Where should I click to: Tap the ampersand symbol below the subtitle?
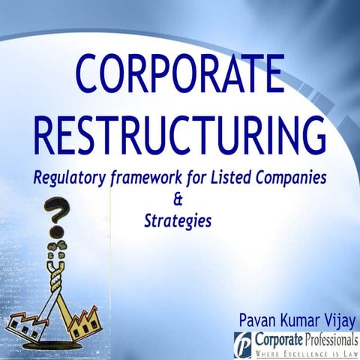click(178, 200)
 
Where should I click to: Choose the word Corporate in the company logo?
click(277, 340)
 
